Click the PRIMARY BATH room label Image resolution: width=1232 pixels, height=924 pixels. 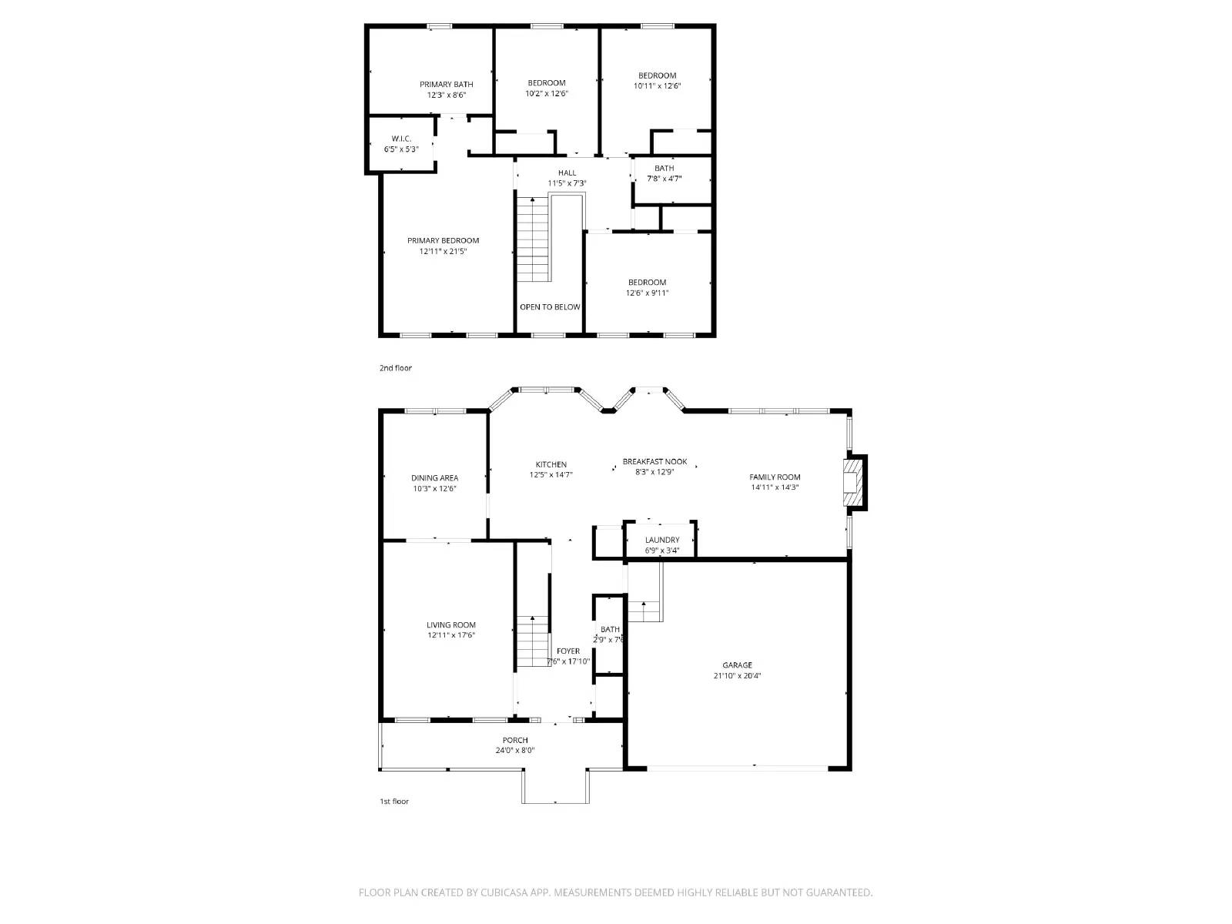tap(447, 84)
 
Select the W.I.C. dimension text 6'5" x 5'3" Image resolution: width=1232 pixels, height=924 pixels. tap(401, 149)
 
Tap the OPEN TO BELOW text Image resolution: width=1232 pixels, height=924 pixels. tap(550, 307)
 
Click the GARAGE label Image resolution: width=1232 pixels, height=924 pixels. tap(737, 665)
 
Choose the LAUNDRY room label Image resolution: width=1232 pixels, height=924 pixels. tap(662, 540)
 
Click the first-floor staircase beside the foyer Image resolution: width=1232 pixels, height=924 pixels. tap(532, 641)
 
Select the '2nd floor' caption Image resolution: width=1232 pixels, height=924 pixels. tap(395, 368)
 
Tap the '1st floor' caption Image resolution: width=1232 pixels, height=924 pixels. tap(393, 802)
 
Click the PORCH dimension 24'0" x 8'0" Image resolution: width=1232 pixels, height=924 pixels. tap(515, 751)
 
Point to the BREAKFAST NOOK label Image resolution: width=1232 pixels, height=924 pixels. tap(654, 461)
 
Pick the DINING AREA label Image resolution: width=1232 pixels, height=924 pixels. tap(434, 477)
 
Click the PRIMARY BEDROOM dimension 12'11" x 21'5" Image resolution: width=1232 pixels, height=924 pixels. tap(443, 252)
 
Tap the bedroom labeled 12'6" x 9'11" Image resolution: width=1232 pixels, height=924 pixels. tap(647, 288)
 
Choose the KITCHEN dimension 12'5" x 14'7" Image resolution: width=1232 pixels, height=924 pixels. tap(551, 475)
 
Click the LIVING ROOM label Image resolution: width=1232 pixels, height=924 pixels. tap(451, 624)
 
